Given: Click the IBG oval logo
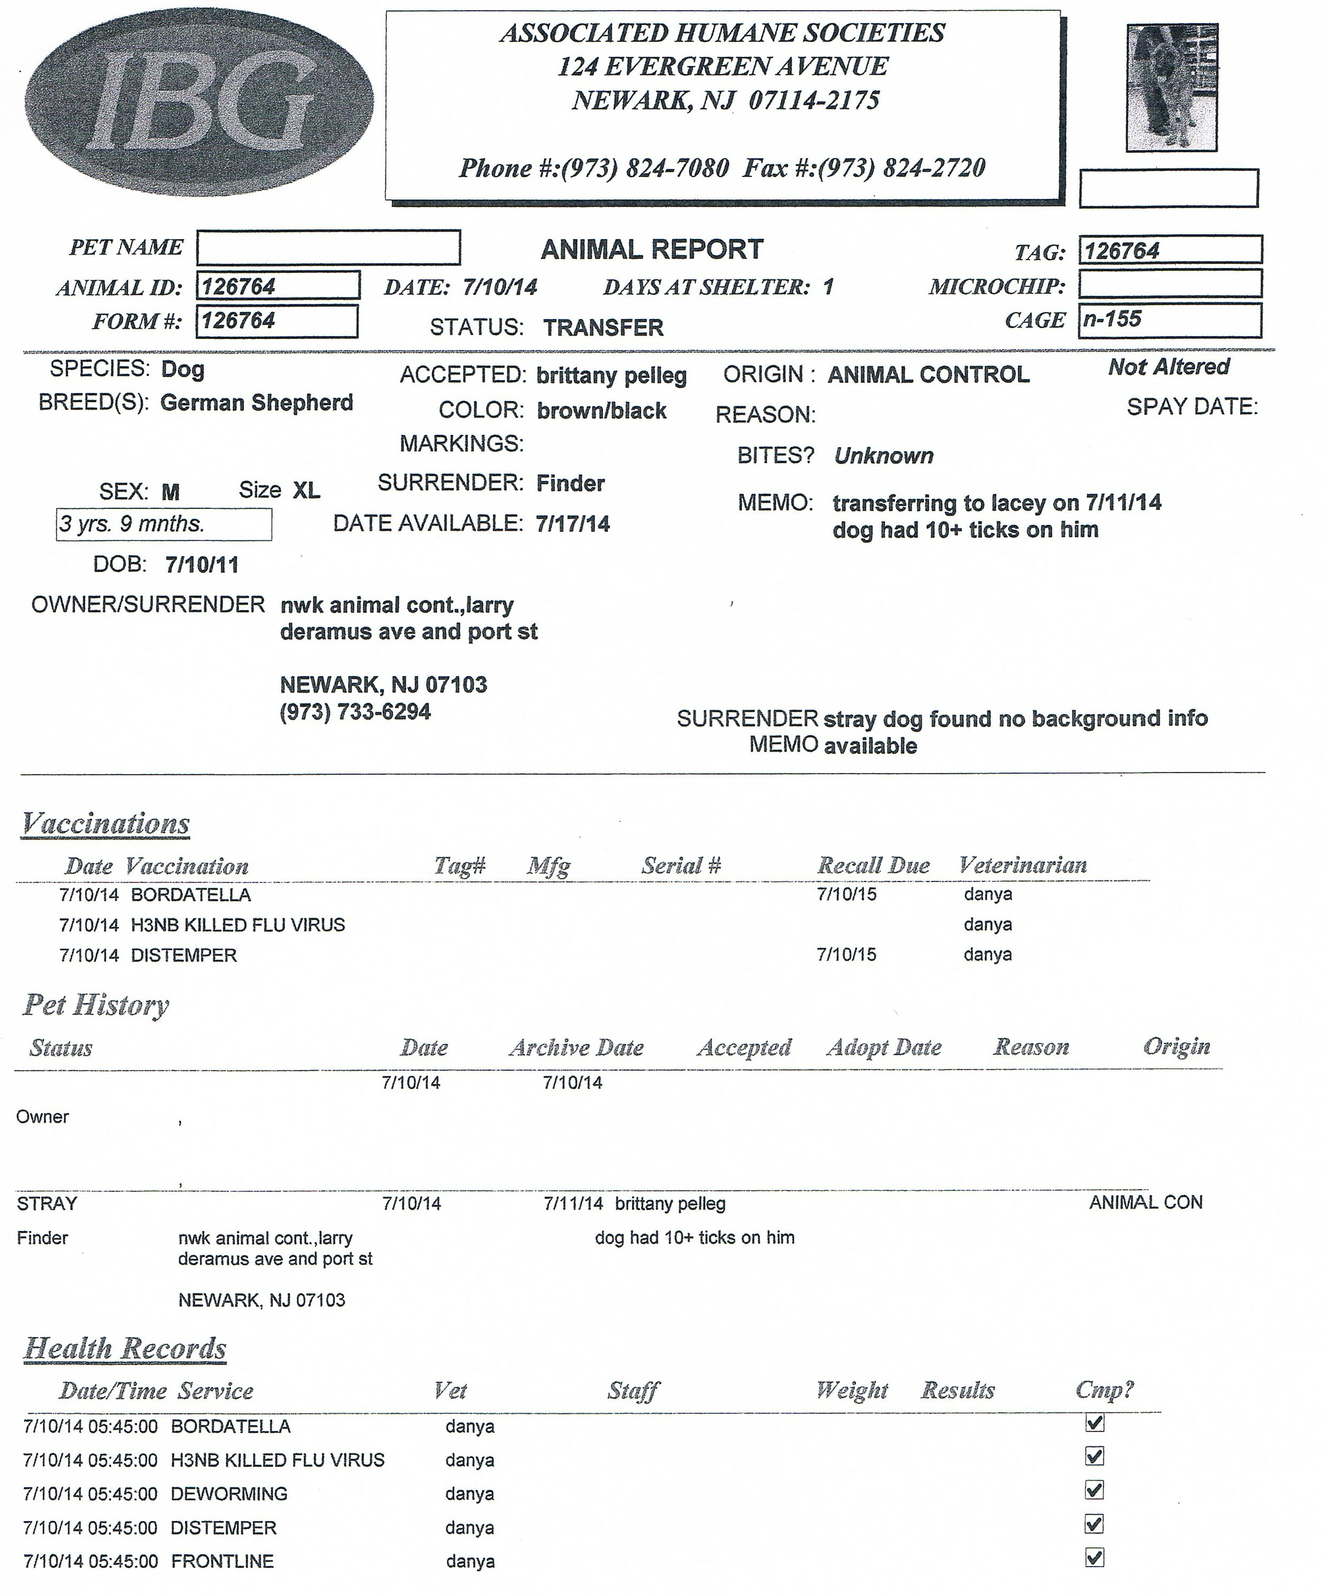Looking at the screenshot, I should click(199, 102).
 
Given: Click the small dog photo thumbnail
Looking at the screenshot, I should click(1172, 87).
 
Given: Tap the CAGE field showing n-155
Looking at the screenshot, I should click(1170, 320).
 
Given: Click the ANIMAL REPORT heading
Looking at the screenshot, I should click(651, 249).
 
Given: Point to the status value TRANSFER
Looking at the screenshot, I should click(603, 328).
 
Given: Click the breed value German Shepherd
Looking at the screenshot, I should click(257, 403).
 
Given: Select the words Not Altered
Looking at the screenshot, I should click(1168, 367).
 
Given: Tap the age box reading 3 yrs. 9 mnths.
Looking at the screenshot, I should click(163, 524).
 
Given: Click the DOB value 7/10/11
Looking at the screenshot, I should click(202, 565).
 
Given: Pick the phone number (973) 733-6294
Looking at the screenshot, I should click(355, 711).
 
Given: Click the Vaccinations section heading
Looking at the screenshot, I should click(106, 824).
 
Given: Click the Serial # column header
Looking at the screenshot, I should click(681, 865).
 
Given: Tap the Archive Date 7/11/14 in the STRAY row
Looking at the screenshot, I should click(574, 1203).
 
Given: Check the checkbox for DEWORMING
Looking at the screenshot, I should click(1094, 1489).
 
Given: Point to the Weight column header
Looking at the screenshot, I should click(851, 1390).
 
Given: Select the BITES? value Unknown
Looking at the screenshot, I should click(884, 456).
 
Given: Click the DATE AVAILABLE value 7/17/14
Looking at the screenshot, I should click(572, 524).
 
